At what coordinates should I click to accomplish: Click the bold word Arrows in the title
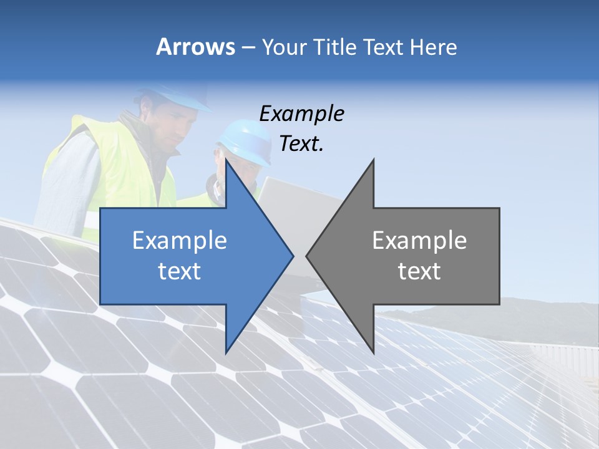[x=196, y=47]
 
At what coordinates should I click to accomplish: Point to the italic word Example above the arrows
[x=301, y=113]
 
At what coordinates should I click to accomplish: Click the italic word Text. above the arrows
[x=301, y=143]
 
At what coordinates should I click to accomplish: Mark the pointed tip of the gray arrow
[x=308, y=255]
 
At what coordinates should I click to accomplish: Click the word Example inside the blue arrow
[x=180, y=240]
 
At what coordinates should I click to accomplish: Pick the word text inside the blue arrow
[x=180, y=271]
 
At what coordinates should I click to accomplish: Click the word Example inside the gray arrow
[x=419, y=240]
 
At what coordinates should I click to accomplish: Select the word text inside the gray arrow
[x=419, y=271]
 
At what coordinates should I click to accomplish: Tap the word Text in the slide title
[x=383, y=47]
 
